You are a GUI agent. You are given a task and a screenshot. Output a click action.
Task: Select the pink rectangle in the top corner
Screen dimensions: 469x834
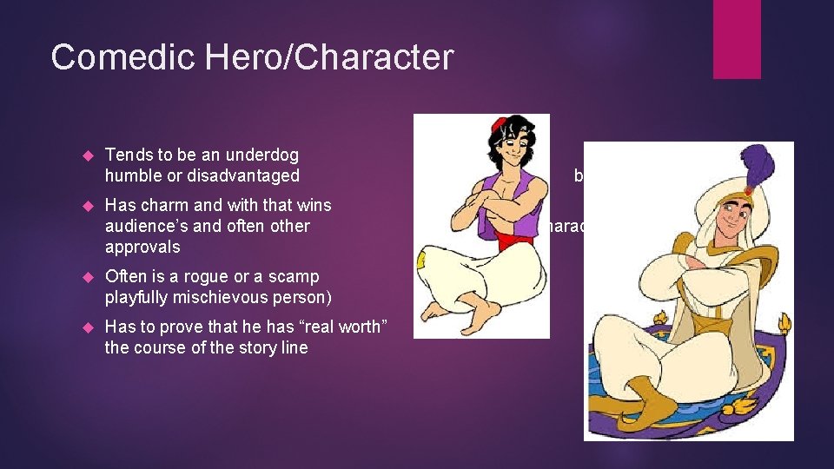pos(737,38)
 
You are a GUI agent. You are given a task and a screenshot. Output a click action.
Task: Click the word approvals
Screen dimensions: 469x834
pos(142,248)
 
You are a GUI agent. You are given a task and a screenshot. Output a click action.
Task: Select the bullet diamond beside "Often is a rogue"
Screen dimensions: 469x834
pos(86,277)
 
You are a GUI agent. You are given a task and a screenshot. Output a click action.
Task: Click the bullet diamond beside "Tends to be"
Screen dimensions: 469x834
pos(86,155)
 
